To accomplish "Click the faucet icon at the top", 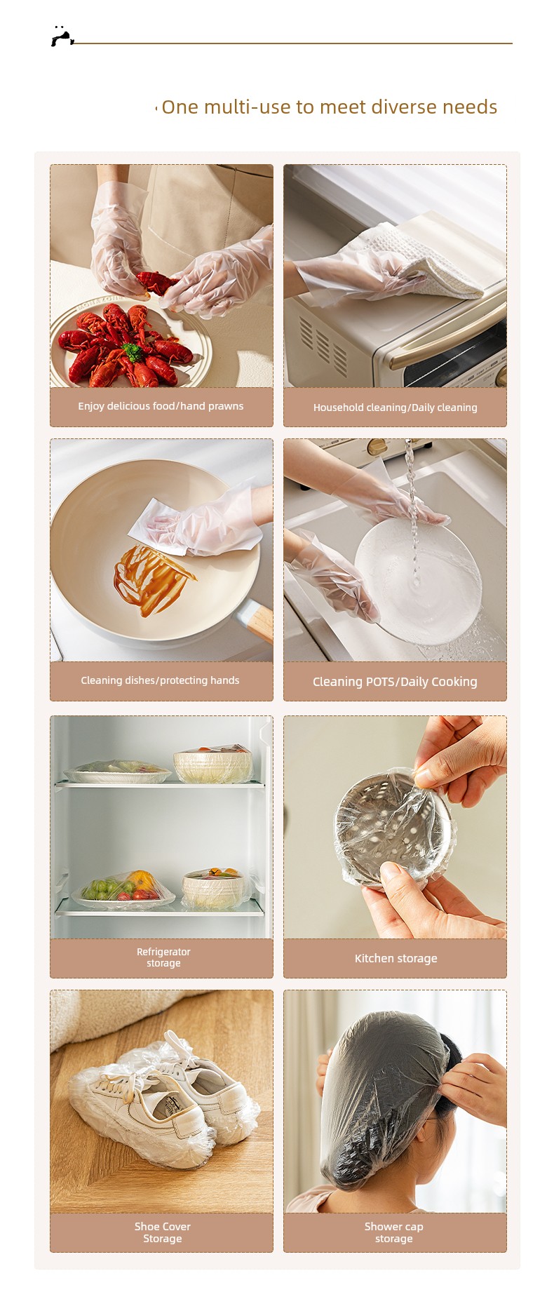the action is [x=62, y=36].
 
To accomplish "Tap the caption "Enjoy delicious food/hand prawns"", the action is [x=161, y=406].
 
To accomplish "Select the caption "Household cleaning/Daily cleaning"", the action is [x=395, y=408].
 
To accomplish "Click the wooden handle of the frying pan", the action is [x=257, y=621].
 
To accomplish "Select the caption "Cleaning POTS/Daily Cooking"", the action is [x=395, y=682].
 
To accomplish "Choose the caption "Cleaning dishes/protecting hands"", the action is [x=160, y=680].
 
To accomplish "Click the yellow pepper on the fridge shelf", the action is [x=142, y=880].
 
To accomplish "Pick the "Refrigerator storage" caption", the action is [x=163, y=957].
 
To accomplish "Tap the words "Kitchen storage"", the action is [x=396, y=958].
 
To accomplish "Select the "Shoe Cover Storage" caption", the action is [x=163, y=1232].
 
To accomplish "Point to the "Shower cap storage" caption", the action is [x=394, y=1232].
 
